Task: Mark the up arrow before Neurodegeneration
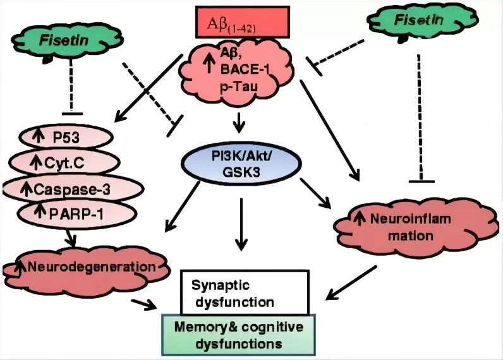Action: (20, 267)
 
